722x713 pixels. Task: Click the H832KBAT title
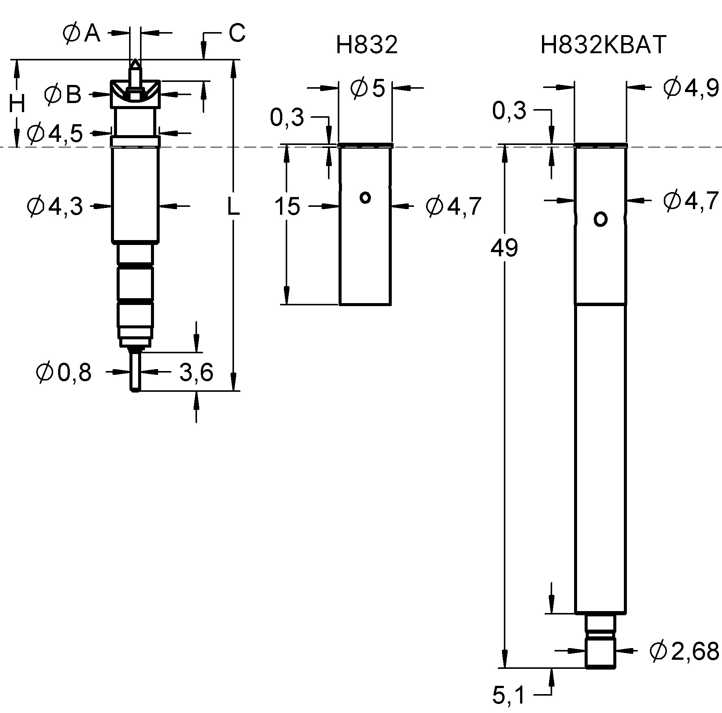coord(603,45)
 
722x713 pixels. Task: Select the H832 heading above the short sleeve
coord(367,45)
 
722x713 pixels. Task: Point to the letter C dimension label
coord(237,33)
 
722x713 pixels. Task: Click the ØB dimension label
coord(63,94)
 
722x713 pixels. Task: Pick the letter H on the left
coord(17,104)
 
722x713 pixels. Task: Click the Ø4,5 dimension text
coord(55,133)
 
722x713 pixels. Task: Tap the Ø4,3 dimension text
coord(55,206)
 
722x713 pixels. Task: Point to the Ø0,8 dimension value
coord(63,373)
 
